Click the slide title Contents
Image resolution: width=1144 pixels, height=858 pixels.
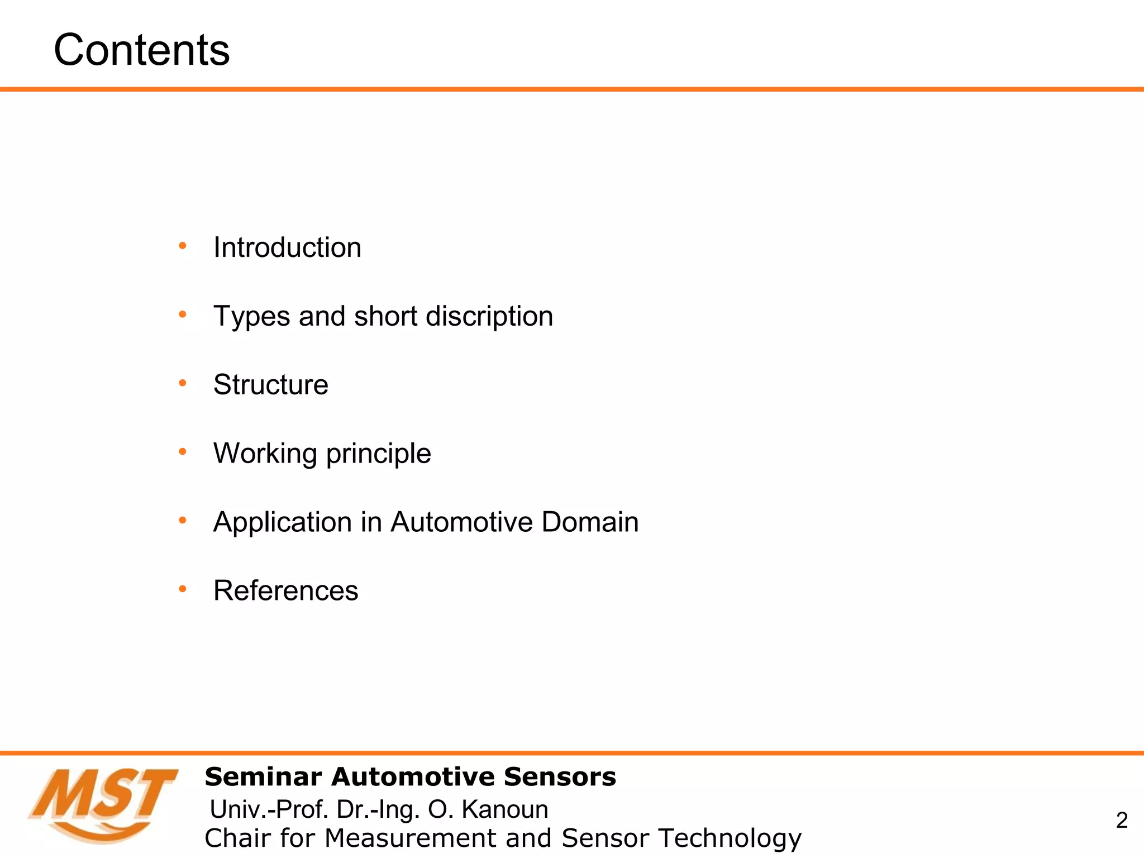(x=141, y=50)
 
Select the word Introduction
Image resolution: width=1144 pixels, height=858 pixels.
(x=287, y=247)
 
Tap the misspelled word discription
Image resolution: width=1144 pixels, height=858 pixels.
(x=489, y=317)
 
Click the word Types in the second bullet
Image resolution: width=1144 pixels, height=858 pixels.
(x=252, y=317)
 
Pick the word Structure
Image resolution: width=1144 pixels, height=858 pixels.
(x=271, y=385)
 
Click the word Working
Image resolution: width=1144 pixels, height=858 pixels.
(x=265, y=454)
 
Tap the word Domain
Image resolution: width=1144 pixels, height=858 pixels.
(x=590, y=522)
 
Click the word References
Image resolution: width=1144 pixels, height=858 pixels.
(x=285, y=591)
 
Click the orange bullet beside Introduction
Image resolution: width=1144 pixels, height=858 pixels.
(x=182, y=246)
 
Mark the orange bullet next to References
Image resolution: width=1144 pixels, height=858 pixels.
(x=182, y=589)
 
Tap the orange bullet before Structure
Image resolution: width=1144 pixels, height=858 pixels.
(x=182, y=383)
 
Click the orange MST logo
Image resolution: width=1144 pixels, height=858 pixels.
(x=103, y=804)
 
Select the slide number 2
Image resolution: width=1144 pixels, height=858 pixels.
(x=1122, y=820)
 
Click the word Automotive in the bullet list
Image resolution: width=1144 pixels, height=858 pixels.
(x=461, y=522)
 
